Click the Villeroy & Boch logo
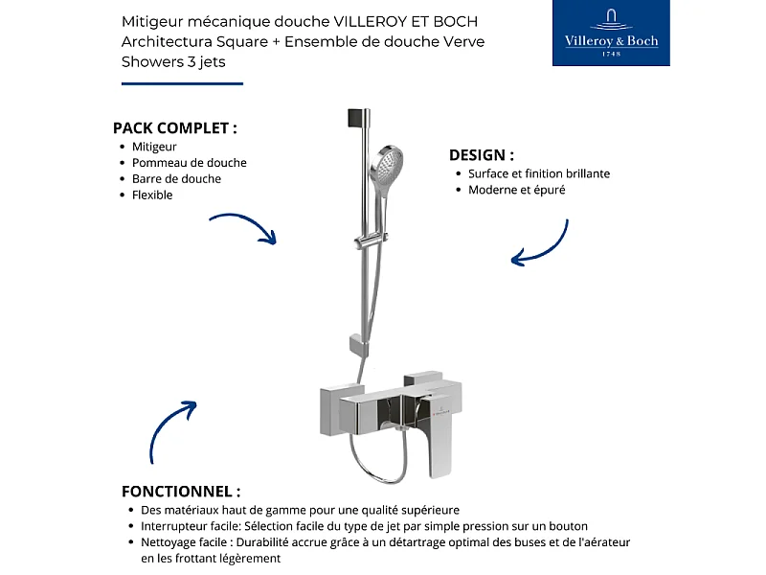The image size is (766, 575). point(611,34)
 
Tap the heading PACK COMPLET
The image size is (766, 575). point(174,127)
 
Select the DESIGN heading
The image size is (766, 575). point(481,154)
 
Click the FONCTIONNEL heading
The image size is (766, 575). point(181,491)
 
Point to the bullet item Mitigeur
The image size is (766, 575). point(154,147)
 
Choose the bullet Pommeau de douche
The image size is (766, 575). point(189,163)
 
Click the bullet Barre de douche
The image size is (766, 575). point(176,179)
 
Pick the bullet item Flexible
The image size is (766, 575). point(152,195)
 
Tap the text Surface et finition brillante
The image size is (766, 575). point(538,173)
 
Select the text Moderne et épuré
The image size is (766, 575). point(516,190)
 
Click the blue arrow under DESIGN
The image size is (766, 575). point(541,243)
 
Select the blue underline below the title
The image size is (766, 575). point(182,83)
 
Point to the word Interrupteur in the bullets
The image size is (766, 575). point(176,526)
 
